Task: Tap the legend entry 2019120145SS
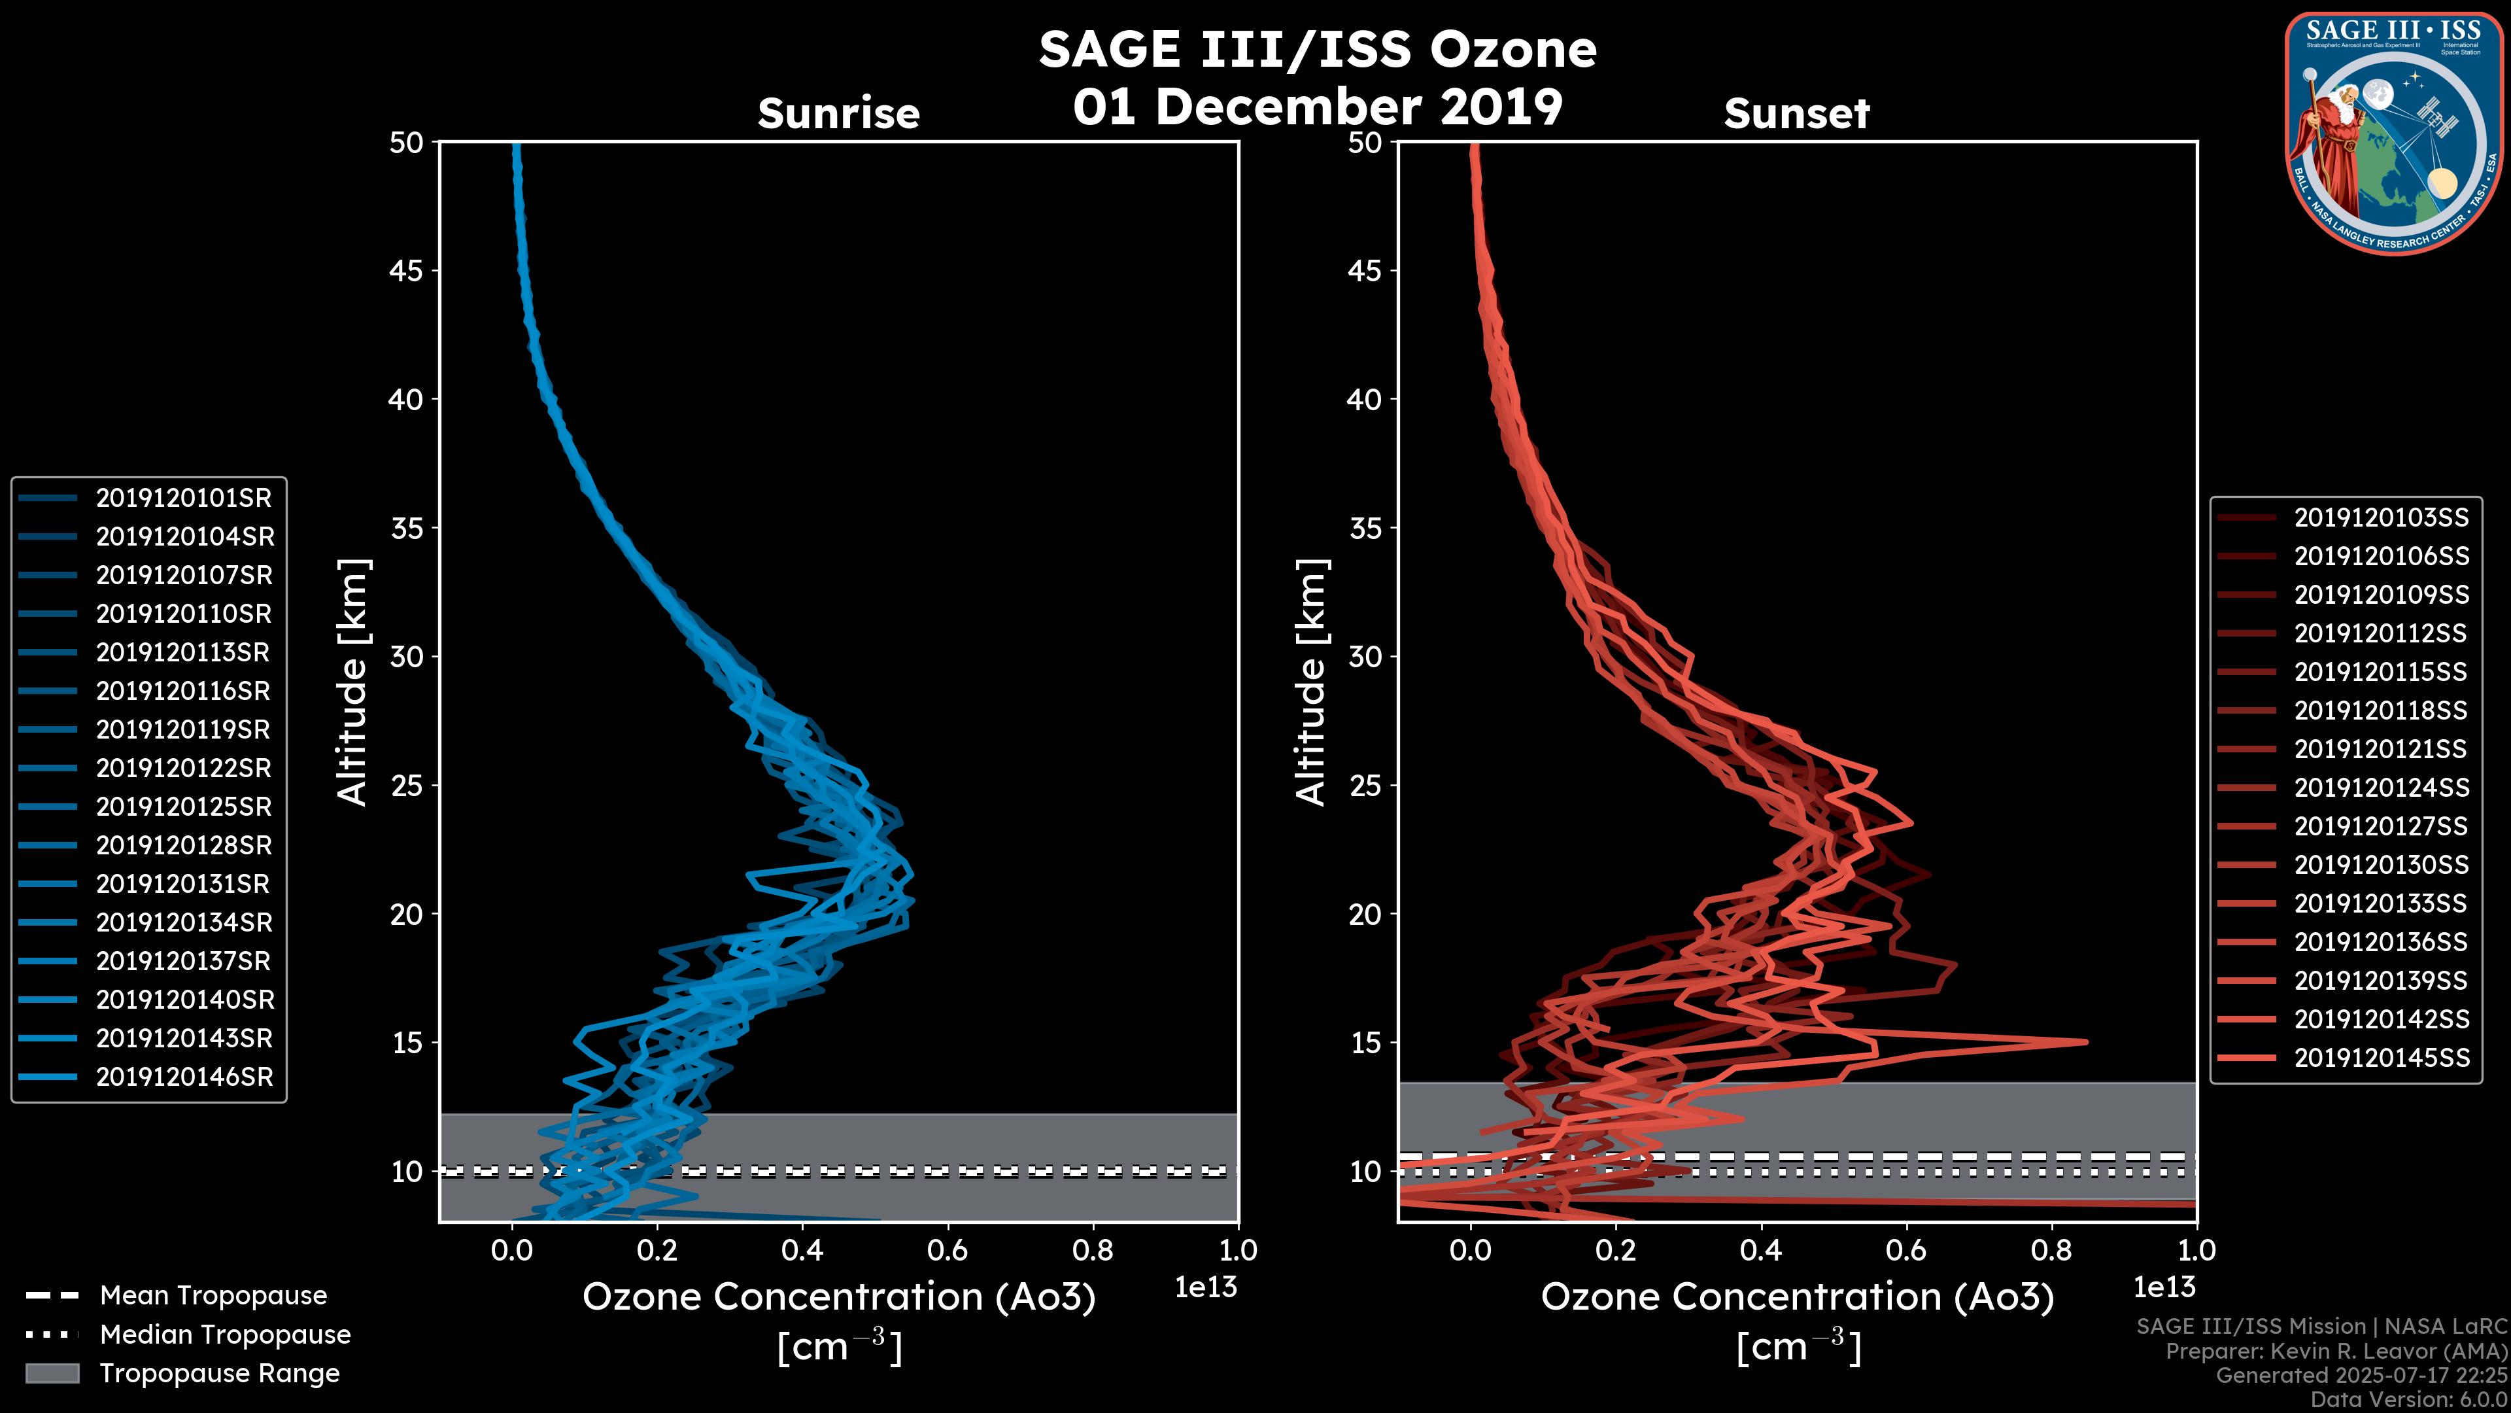point(2380,1058)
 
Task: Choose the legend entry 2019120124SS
point(2380,788)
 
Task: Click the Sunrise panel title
point(838,114)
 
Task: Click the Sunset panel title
point(1796,114)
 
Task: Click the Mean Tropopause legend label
point(213,1296)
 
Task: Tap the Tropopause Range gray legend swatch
point(52,1373)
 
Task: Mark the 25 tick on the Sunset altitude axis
point(1365,786)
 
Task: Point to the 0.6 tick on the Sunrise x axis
point(948,1250)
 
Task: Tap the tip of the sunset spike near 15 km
point(2085,1041)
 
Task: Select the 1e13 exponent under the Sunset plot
point(2164,1288)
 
